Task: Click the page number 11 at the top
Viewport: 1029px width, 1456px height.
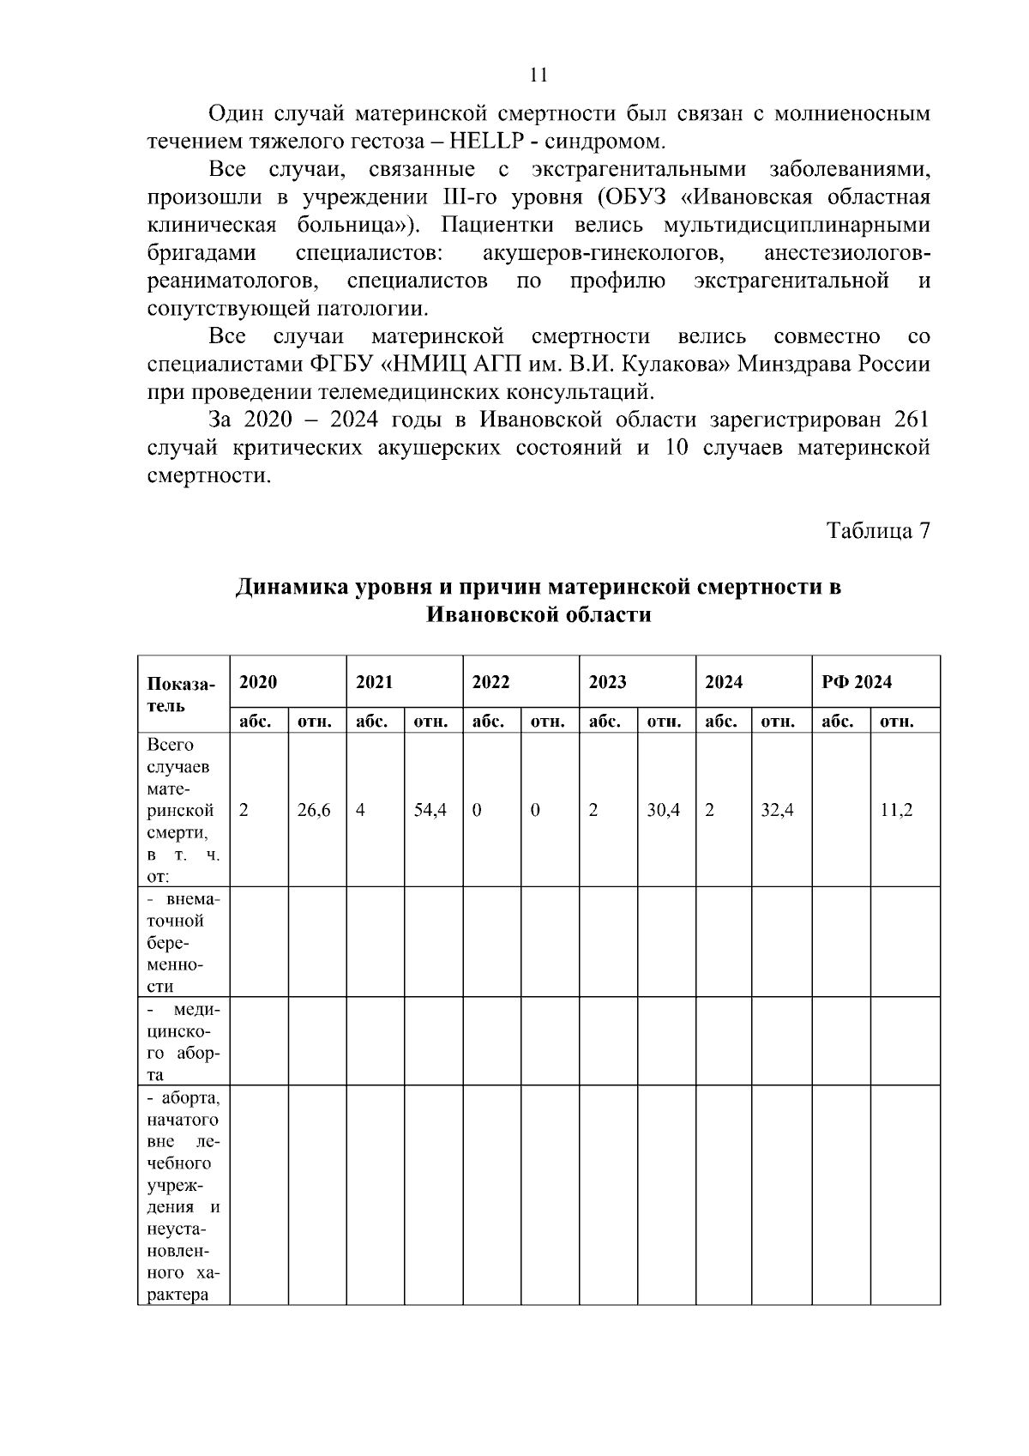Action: [x=539, y=75]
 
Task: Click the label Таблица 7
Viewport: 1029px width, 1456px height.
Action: [x=878, y=531]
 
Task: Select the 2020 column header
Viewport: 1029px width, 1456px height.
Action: [x=258, y=682]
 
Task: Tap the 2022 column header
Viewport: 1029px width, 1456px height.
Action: [x=490, y=682]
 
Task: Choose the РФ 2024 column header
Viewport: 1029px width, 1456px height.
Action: [x=856, y=682]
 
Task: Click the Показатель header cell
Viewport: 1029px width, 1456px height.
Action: [x=181, y=694]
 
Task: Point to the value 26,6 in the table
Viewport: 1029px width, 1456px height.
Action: [x=314, y=810]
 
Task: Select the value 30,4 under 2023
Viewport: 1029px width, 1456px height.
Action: [x=664, y=810]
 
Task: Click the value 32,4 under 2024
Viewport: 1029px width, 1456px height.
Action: [x=778, y=810]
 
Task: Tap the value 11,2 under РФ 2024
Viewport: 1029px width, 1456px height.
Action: [x=896, y=810]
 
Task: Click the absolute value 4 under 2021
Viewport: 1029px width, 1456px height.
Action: [x=360, y=810]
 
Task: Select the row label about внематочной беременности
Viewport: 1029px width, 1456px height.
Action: [x=183, y=942]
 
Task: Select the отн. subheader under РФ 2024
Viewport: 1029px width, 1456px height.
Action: [x=896, y=722]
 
